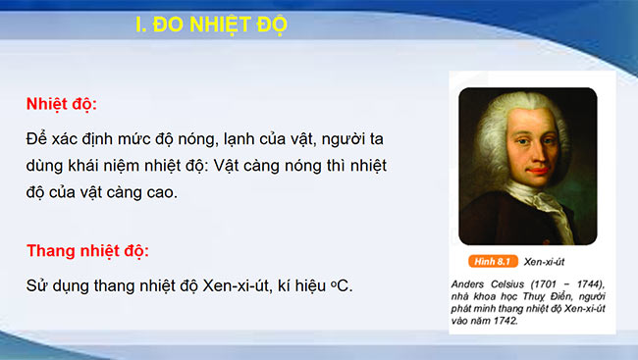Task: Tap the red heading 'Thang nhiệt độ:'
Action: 87,250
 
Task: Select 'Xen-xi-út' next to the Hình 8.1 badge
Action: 545,262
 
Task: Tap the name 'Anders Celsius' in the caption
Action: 491,283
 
